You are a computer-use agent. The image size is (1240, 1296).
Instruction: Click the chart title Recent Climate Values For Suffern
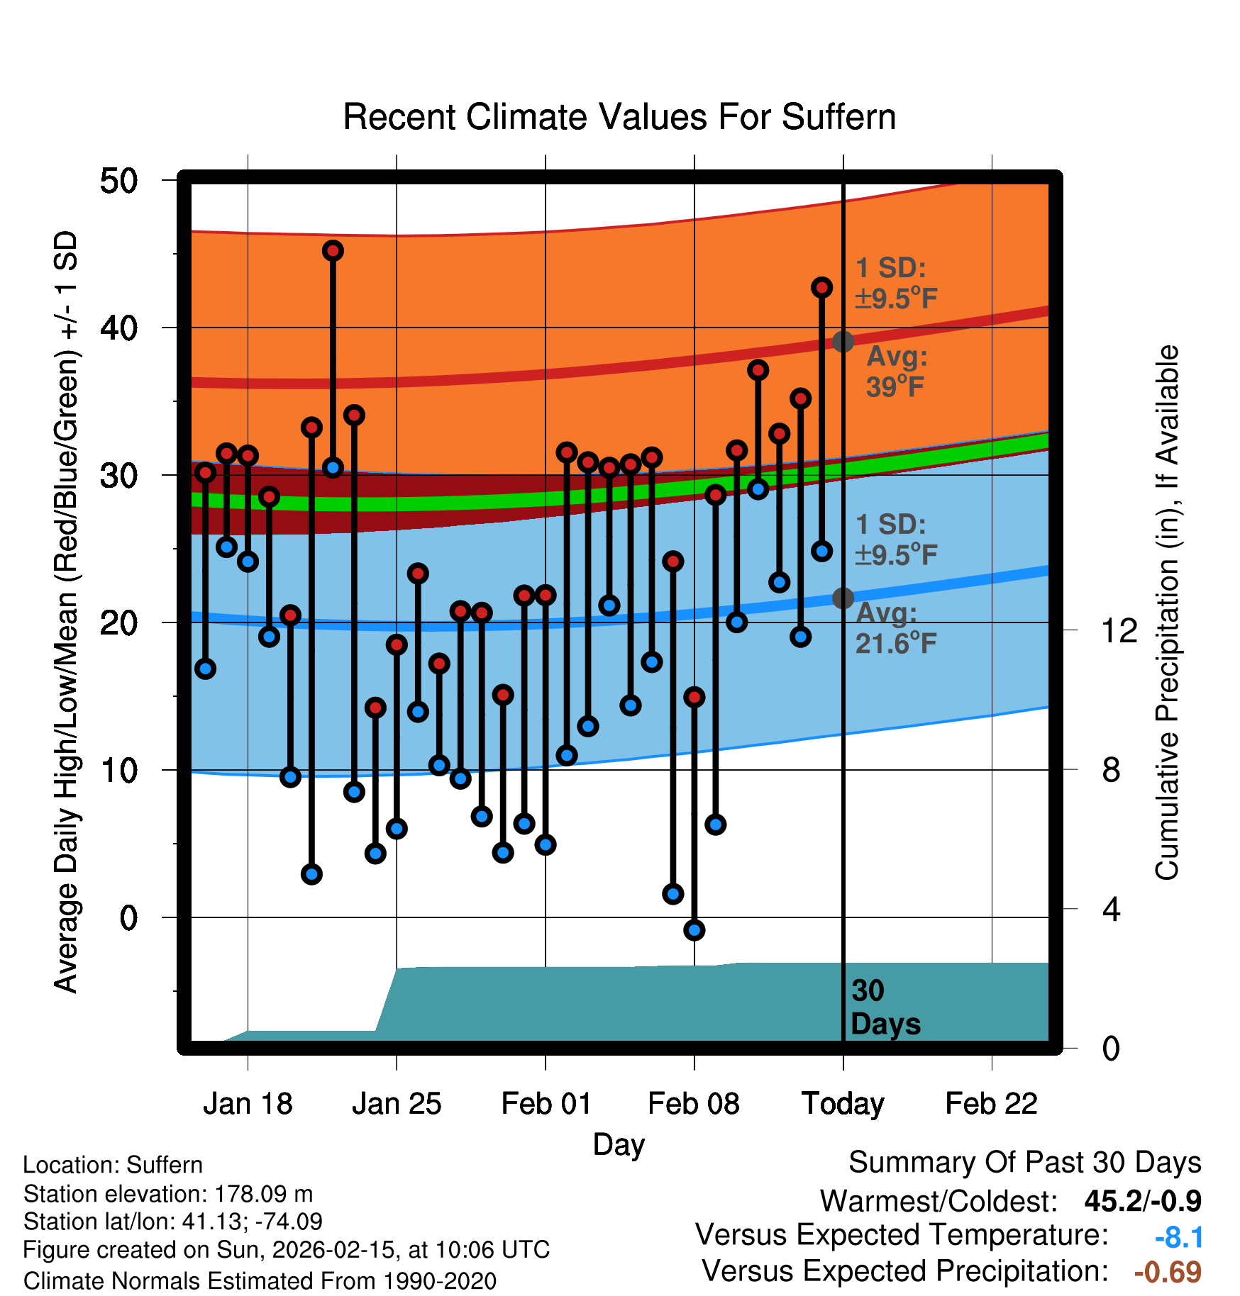coord(619,117)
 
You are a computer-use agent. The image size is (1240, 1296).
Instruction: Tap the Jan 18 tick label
coord(248,1104)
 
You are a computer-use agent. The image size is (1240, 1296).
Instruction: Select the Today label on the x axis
coord(843,1104)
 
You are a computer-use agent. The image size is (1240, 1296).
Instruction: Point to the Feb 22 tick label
coord(991,1104)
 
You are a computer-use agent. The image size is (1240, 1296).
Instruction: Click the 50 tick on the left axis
coord(118,181)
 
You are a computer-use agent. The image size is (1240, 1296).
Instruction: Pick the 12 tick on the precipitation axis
coord(1119,630)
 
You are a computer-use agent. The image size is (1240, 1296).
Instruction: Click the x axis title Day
coord(619,1144)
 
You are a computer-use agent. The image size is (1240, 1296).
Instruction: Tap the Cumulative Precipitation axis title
coord(1167,613)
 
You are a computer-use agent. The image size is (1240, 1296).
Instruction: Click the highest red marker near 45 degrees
coord(333,250)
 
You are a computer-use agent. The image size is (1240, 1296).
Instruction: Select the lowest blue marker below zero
coord(694,930)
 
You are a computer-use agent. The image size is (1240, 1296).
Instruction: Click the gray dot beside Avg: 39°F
coord(843,342)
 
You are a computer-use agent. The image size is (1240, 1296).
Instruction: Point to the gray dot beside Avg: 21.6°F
coord(843,598)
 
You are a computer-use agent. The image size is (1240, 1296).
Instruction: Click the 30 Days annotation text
coord(885,1007)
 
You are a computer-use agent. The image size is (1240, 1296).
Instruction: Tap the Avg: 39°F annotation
coord(896,372)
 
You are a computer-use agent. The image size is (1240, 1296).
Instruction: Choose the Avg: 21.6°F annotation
coord(896,628)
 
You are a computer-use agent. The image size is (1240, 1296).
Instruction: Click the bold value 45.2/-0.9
coord(1143,1201)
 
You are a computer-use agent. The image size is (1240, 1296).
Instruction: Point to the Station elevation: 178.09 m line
coord(168,1194)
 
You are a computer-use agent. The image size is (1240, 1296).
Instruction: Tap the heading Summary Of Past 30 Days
coord(1024,1163)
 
